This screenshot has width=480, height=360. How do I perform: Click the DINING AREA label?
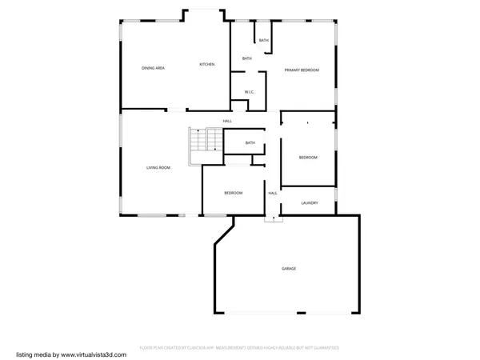(153, 68)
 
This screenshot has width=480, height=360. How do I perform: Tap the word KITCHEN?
(206, 64)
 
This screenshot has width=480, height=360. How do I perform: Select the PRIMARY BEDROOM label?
(302, 70)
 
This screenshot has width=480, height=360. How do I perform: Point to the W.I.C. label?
(249, 92)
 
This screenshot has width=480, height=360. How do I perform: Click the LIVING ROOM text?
(158, 167)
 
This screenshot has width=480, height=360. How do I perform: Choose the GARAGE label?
(288, 268)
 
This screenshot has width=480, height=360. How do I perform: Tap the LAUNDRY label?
(310, 203)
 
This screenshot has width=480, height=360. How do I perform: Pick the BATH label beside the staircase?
(250, 143)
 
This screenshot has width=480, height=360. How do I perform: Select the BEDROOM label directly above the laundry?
(308, 158)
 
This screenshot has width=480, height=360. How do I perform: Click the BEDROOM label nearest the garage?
(233, 193)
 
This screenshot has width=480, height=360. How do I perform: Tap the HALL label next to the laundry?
(272, 193)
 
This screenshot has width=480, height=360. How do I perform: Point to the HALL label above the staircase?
(227, 121)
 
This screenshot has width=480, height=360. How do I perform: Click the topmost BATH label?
(264, 40)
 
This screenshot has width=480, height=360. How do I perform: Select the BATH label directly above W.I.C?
(247, 58)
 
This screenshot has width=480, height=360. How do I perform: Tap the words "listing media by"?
(34, 353)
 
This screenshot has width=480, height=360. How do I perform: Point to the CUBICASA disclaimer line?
(239, 348)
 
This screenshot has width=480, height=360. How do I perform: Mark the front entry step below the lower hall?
(274, 218)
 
